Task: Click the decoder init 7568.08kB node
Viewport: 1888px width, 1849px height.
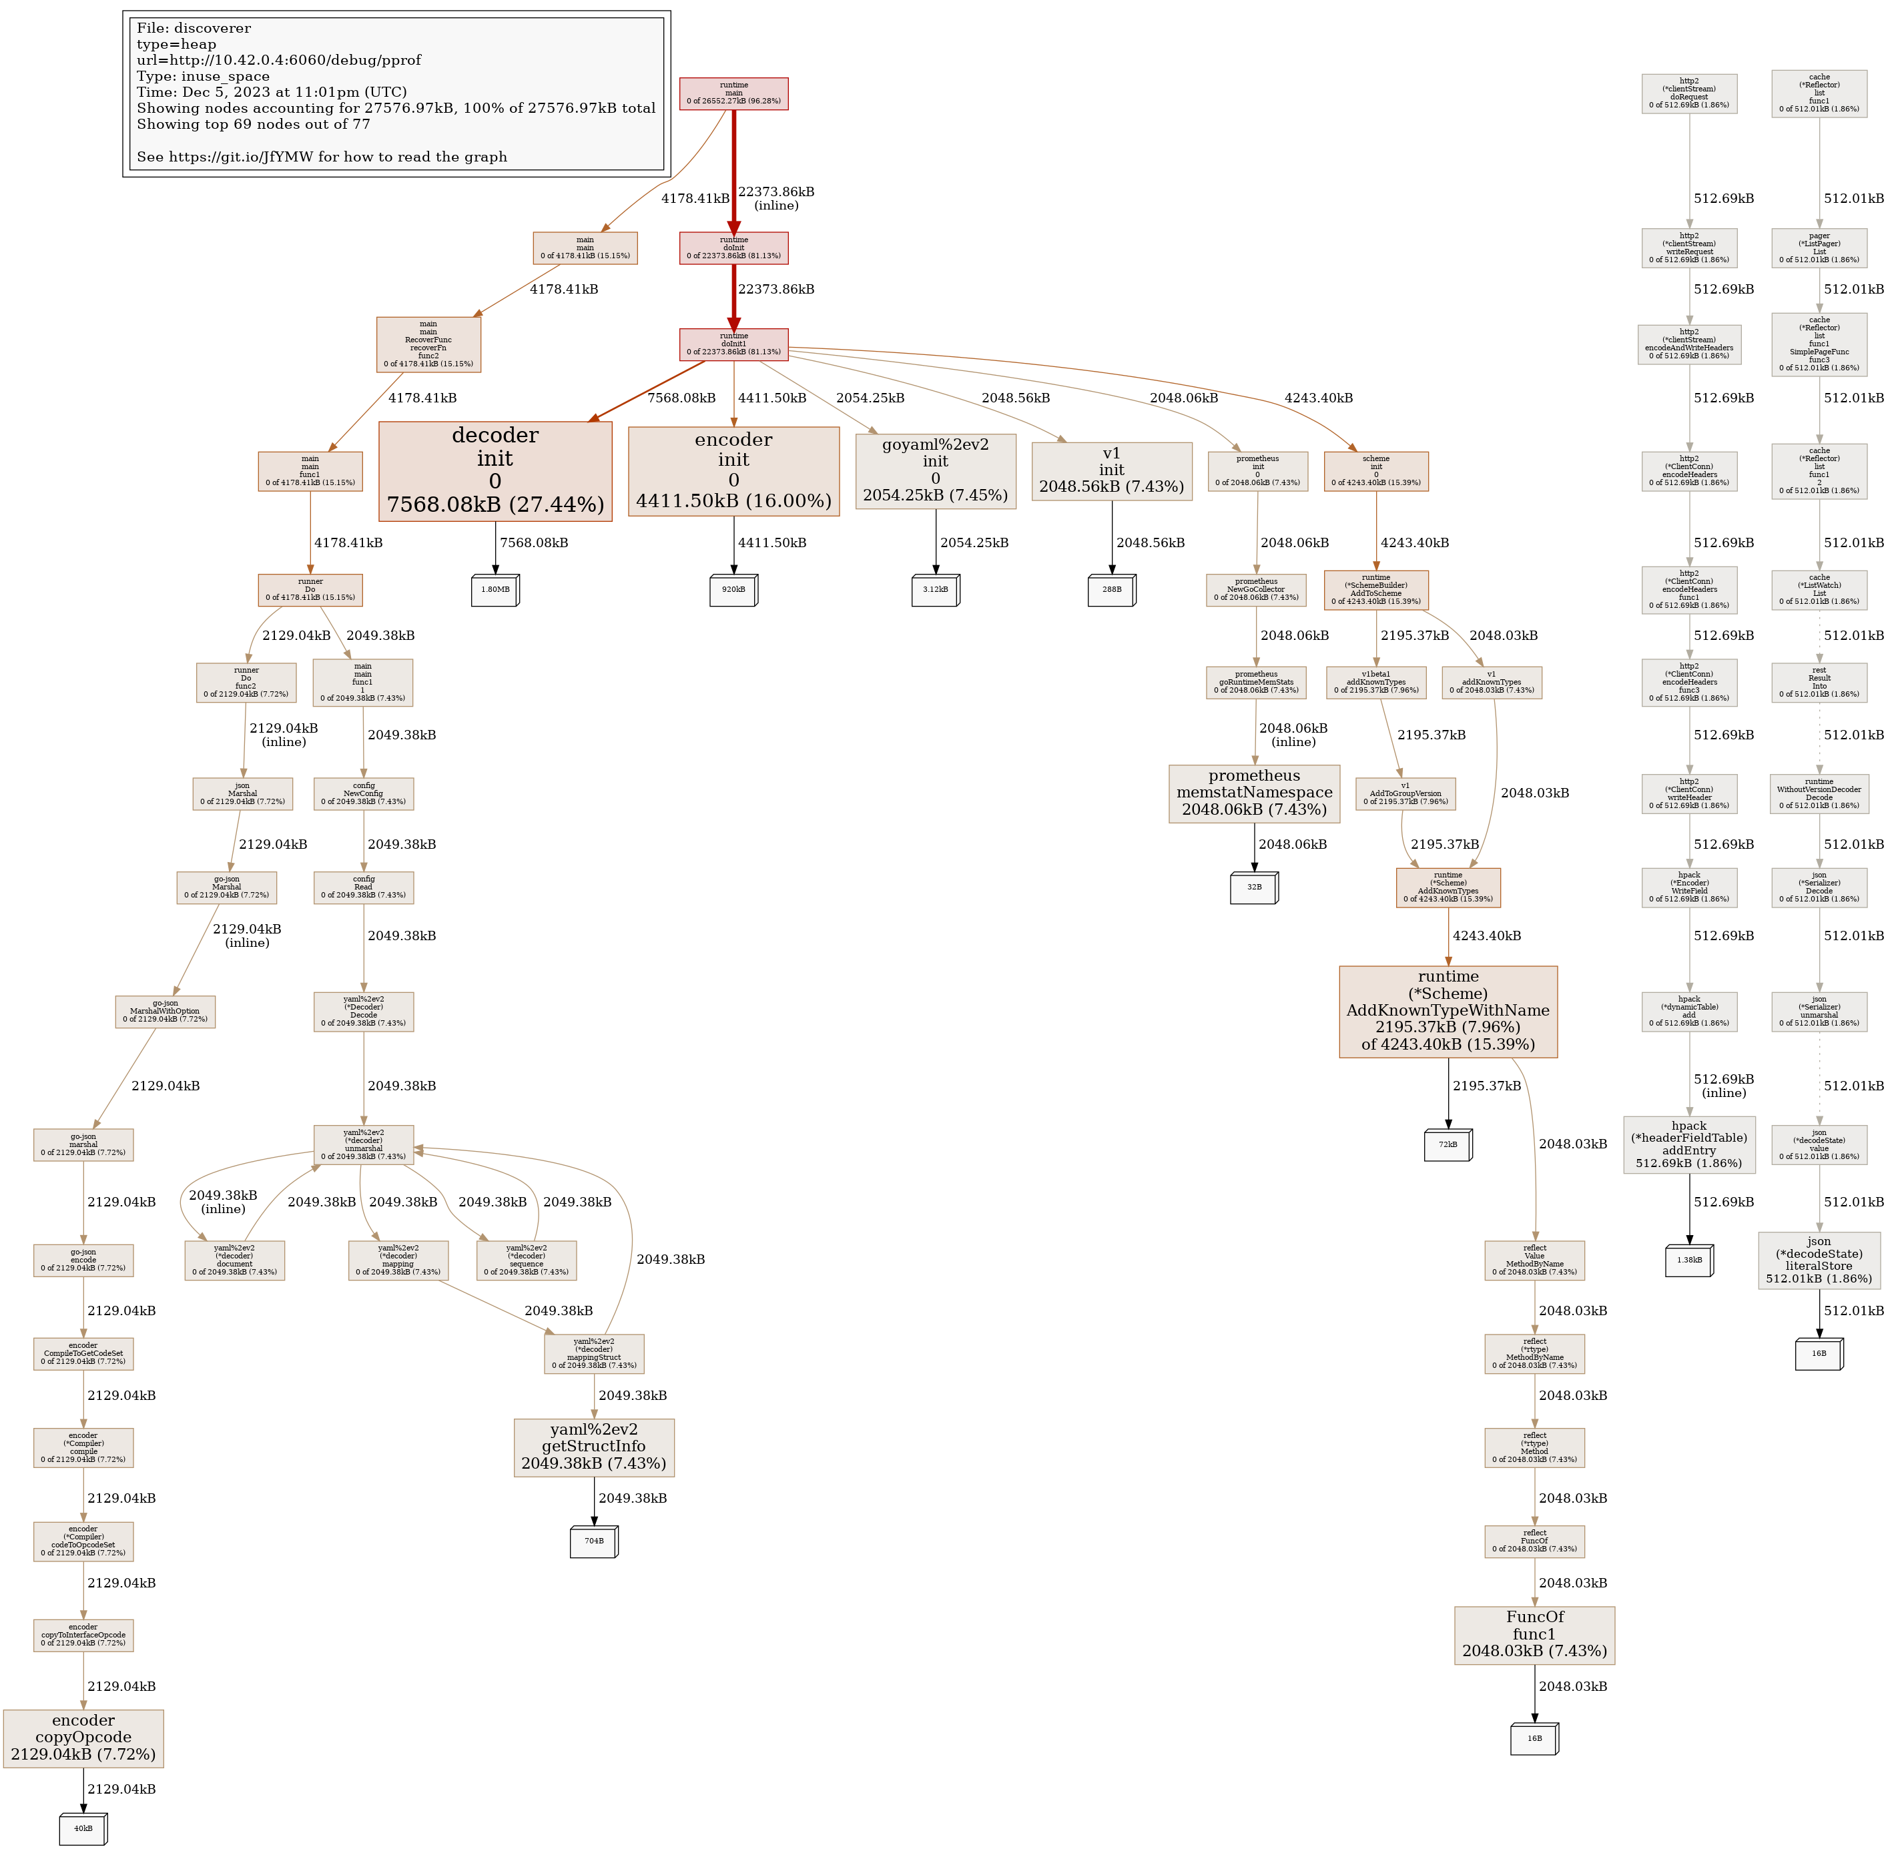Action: point(495,471)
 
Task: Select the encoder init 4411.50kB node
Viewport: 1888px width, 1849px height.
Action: point(733,471)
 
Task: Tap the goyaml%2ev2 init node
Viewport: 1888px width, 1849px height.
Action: point(935,471)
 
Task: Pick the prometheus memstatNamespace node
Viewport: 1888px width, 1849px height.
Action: point(1254,793)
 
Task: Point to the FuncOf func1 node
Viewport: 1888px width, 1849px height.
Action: point(1534,1635)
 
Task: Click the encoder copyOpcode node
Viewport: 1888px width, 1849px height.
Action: point(83,1738)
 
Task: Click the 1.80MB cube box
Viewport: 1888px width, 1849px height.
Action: point(495,589)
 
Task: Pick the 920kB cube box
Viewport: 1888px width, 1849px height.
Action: point(733,589)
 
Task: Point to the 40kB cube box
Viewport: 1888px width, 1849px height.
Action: point(83,1828)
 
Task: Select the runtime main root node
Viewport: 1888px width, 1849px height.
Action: point(733,93)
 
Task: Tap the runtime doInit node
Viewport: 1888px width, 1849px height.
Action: point(733,248)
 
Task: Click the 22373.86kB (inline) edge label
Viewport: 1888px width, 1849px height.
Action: point(776,198)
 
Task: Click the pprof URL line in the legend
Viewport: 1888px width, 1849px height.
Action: point(279,60)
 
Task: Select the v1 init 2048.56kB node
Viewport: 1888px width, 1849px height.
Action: point(1111,471)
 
